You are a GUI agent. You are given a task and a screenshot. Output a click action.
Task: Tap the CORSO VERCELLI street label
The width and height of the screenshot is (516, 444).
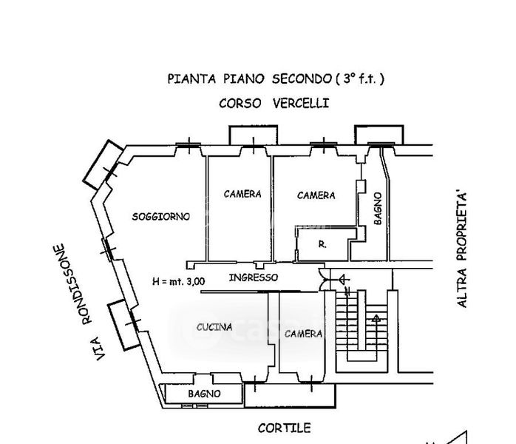pos(274,104)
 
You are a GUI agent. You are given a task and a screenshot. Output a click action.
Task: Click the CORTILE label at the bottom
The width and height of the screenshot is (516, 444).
pos(284,428)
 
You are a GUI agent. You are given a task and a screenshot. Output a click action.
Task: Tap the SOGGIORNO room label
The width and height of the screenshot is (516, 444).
pos(160,217)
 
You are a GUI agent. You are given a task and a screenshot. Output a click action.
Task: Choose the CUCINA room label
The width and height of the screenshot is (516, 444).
pos(214,326)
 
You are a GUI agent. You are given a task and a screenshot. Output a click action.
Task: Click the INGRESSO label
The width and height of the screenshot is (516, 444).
pos(254,277)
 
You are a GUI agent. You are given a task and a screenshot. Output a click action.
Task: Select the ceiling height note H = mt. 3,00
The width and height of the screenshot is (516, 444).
pos(178,280)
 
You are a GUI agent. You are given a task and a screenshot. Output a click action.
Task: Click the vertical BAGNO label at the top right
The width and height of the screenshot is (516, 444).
pos(377,209)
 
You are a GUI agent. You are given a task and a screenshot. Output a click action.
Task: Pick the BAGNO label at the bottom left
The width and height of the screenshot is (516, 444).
pos(204,394)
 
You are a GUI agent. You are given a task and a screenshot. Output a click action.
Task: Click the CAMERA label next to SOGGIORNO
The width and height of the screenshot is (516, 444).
pos(242,194)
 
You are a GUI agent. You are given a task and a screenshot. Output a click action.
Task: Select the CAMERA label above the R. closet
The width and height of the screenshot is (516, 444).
pos(316,195)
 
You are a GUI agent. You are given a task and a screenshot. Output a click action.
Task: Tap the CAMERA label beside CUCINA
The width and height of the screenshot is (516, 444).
pos(303,334)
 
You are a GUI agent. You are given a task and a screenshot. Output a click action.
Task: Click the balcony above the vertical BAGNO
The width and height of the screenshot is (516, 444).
pos(380,135)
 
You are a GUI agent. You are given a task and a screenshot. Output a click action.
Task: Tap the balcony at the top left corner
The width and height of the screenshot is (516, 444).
pos(101,162)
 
